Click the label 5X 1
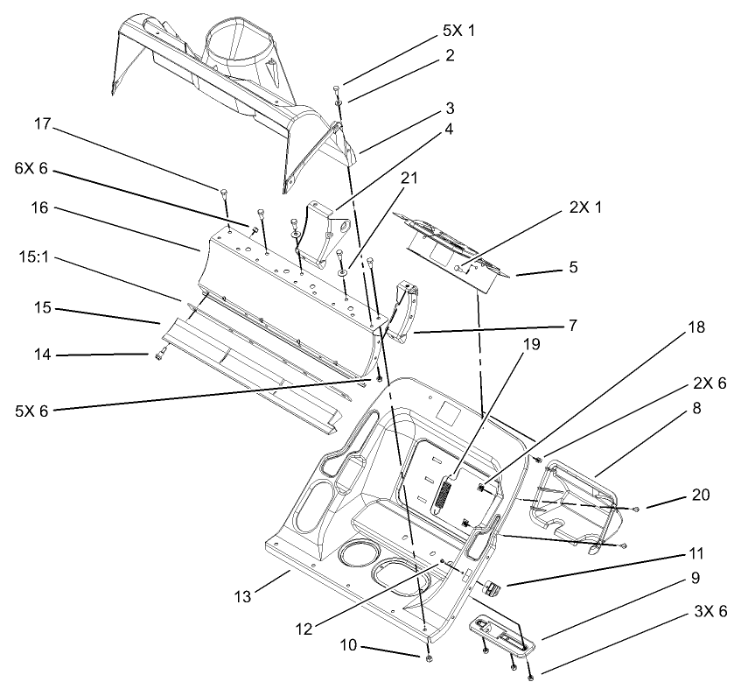[x=458, y=30]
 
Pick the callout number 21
[x=409, y=179]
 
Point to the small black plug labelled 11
[x=492, y=587]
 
